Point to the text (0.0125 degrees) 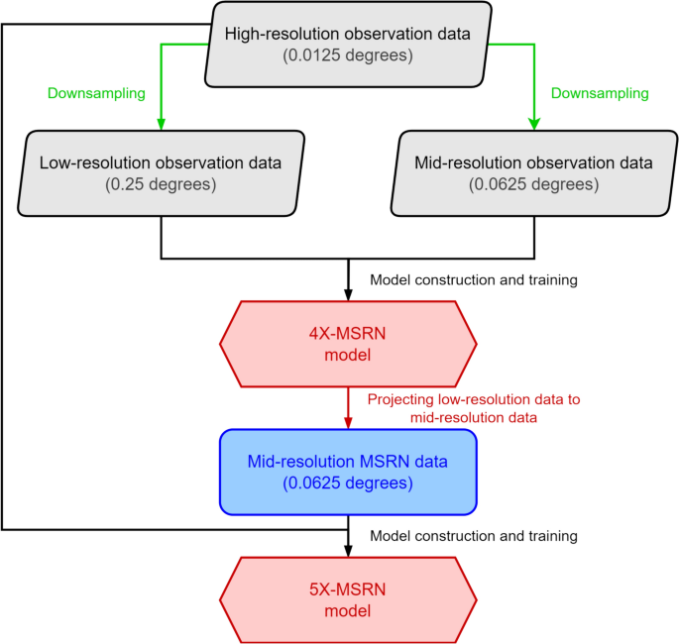coord(348,55)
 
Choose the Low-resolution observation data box coord(161,172)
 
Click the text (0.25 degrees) coord(161,184)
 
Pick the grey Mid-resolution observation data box coord(534,172)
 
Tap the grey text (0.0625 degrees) coord(534,184)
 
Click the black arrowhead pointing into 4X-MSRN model coord(348,294)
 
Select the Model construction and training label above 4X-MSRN coord(473,280)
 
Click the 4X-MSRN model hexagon coord(348,344)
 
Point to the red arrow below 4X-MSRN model coord(348,406)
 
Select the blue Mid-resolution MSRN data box coord(348,472)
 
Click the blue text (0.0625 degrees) coord(348,484)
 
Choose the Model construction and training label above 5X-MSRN coord(473,536)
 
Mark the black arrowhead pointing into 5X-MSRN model coord(348,550)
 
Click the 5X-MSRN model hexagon coord(348,599)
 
